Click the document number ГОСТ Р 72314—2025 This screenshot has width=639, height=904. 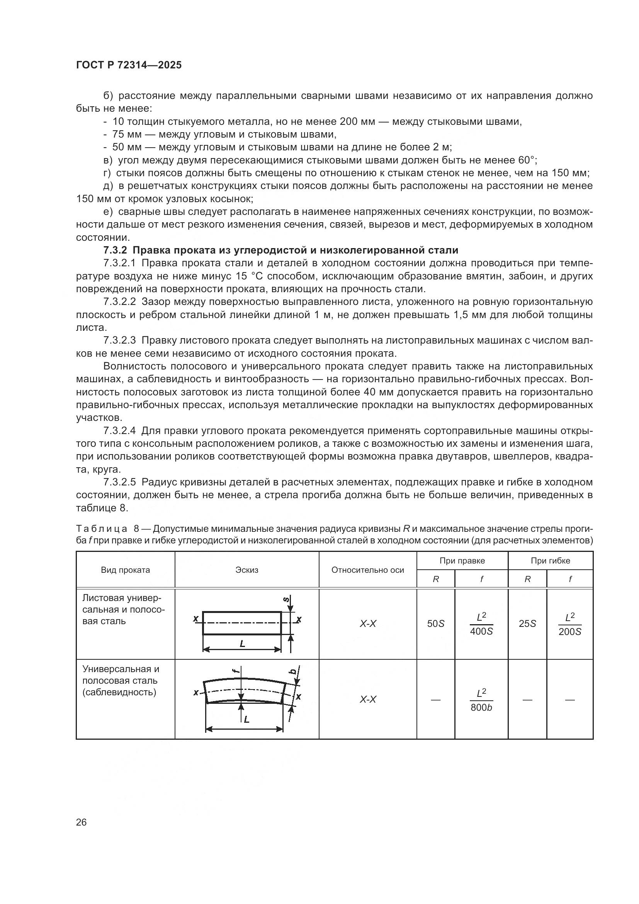click(129, 65)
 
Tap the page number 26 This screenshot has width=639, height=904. click(82, 822)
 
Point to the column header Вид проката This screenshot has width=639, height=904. click(125, 570)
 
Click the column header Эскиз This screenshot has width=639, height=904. click(247, 570)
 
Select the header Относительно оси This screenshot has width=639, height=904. click(367, 570)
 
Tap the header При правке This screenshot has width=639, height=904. click(462, 561)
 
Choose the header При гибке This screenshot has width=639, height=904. click(550, 561)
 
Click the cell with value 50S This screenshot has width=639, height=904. click(435, 624)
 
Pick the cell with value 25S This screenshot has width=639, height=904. click(527, 624)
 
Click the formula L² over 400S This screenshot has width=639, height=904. click(481, 624)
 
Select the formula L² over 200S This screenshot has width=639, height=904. click(569, 624)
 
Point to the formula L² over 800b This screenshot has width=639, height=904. click(481, 700)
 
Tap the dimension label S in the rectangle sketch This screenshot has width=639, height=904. click(286, 600)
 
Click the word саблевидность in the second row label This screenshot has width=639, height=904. click(119, 692)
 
